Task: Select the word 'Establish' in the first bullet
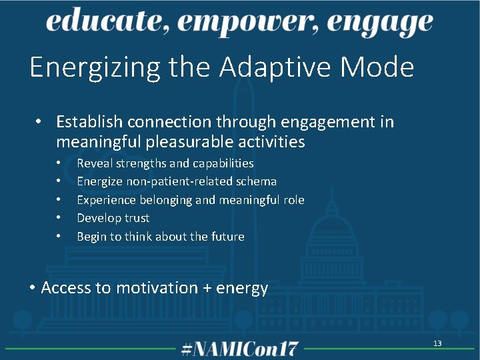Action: point(89,122)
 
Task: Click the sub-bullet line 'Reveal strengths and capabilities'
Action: point(165,163)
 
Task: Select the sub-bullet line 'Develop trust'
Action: point(113,218)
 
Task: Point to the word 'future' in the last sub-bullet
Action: point(227,236)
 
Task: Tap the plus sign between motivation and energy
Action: point(208,289)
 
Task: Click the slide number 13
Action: point(437,343)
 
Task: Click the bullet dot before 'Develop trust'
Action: point(59,218)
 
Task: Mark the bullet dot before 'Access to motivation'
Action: point(33,288)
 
